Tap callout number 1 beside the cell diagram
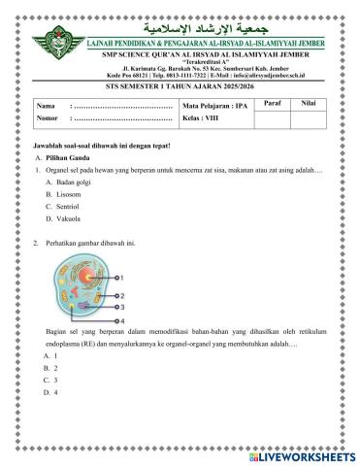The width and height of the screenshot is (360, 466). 119,277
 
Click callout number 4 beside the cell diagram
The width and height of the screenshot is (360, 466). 119,318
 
